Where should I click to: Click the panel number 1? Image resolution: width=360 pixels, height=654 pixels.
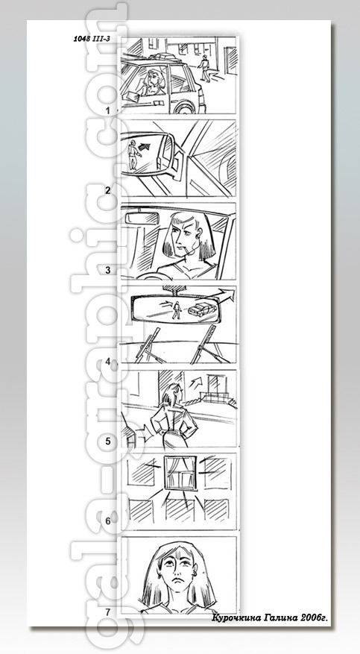108,111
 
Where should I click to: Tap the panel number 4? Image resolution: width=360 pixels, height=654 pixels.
108,362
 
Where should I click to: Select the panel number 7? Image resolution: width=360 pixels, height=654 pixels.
108,612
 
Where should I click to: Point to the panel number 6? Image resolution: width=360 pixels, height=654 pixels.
108,521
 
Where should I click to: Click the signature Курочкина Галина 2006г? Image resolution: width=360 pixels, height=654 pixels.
270,617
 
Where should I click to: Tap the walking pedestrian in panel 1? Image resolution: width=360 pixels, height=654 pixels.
203,68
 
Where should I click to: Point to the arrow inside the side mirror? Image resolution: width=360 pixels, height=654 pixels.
143,146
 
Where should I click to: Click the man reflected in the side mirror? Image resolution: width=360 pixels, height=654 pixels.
133,154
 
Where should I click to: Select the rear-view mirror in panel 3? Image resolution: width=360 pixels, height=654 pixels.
142,217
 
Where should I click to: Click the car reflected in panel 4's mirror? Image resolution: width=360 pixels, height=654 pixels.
202,309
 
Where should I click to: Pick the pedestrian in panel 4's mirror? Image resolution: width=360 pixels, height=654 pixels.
177,310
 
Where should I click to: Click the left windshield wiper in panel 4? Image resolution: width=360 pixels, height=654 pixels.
147,345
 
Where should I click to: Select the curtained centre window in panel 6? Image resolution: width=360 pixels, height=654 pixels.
180,473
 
